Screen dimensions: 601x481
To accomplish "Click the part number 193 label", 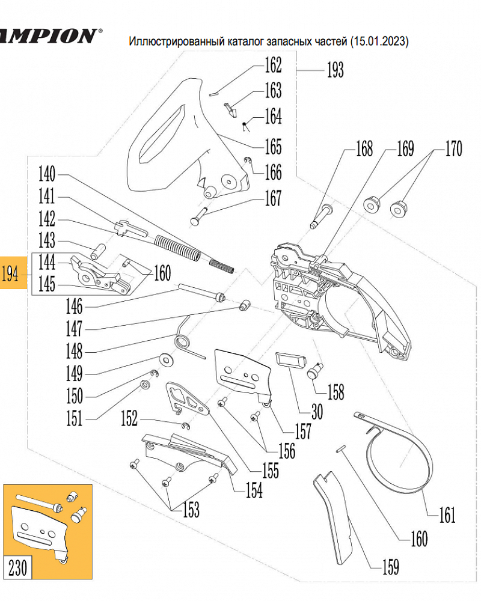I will coord(335,70).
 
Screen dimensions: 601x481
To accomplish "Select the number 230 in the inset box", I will coord(18,567).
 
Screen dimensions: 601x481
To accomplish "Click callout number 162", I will coord(273,64).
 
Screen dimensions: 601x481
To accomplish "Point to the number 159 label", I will coord(389,566).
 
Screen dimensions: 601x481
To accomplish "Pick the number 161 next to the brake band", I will coord(446,515).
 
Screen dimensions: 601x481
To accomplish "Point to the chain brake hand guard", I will coord(174,132).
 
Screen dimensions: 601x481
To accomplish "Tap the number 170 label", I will coord(453,148).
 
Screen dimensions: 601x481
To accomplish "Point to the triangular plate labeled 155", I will coord(186,400).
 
